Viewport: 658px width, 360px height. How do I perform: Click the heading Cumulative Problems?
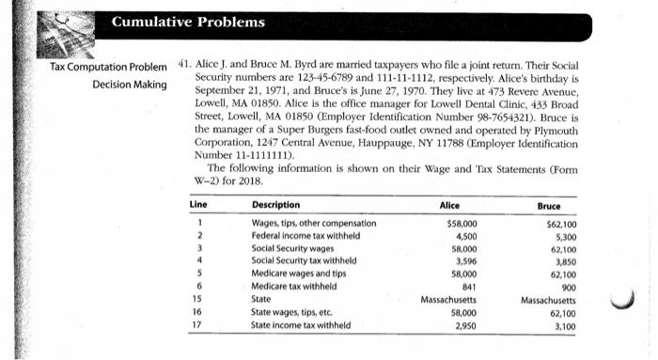click(x=188, y=22)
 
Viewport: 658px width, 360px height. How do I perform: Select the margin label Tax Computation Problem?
click(x=114, y=68)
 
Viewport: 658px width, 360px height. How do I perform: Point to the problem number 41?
click(x=185, y=68)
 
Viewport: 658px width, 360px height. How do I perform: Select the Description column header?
click(x=276, y=205)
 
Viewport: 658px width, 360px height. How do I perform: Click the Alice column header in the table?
click(x=450, y=205)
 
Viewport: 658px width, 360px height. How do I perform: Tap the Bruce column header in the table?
click(x=548, y=205)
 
